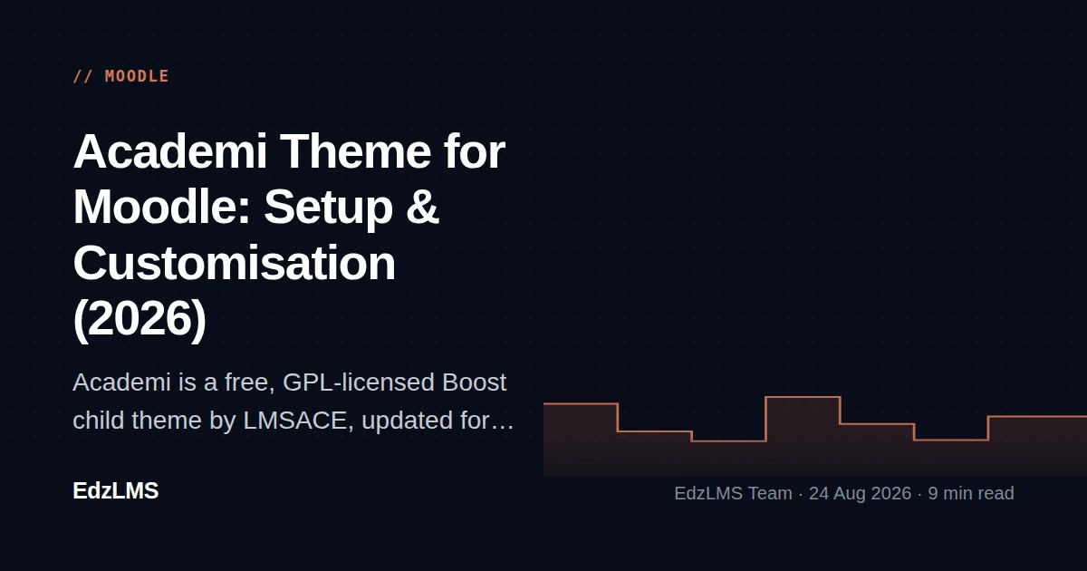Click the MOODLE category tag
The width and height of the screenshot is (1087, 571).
click(x=137, y=76)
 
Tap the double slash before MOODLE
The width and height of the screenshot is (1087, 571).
click(x=83, y=76)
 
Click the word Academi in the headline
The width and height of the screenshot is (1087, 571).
click(x=170, y=151)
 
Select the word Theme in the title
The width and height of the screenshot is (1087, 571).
click(x=355, y=151)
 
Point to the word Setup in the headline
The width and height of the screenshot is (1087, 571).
click(x=329, y=208)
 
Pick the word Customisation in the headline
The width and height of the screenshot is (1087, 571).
click(x=235, y=263)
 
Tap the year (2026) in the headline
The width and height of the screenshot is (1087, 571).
click(x=139, y=319)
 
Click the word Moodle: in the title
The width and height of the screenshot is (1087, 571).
click(x=161, y=208)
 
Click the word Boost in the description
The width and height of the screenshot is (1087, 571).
click(x=474, y=382)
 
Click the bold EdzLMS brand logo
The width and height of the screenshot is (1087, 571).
click(x=116, y=491)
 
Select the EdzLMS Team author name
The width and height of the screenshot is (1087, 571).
click(x=733, y=493)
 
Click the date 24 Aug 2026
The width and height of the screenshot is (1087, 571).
click(x=861, y=493)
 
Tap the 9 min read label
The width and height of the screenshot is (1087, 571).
click(x=971, y=493)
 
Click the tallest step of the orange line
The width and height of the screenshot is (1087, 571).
click(x=803, y=397)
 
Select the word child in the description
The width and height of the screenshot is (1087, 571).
click(x=99, y=421)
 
